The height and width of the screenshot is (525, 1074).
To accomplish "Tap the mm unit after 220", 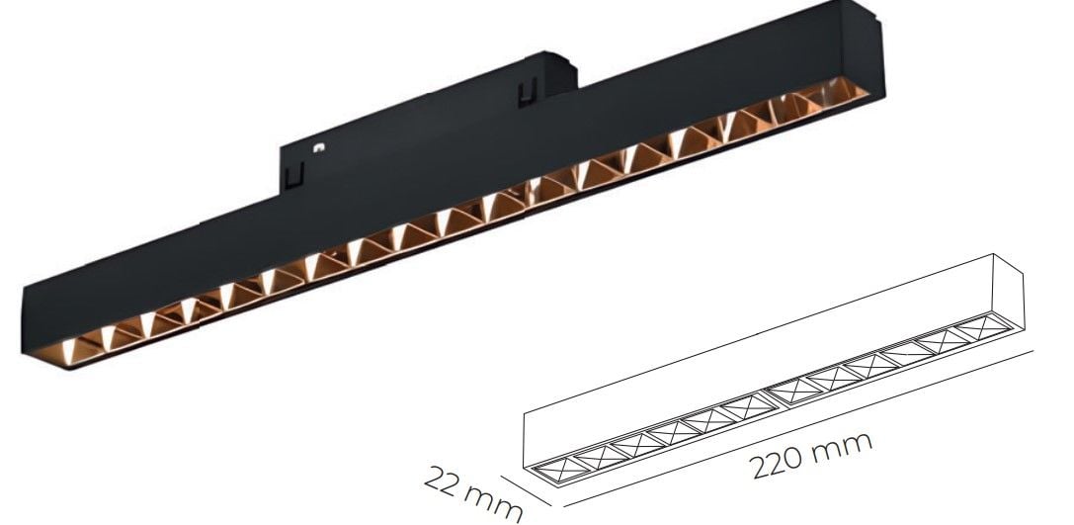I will pyautogui.click(x=845, y=443).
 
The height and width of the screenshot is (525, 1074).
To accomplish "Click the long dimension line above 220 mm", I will pyautogui.click(x=790, y=423).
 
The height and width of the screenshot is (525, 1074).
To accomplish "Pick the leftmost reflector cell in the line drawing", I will pyautogui.click(x=548, y=470).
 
